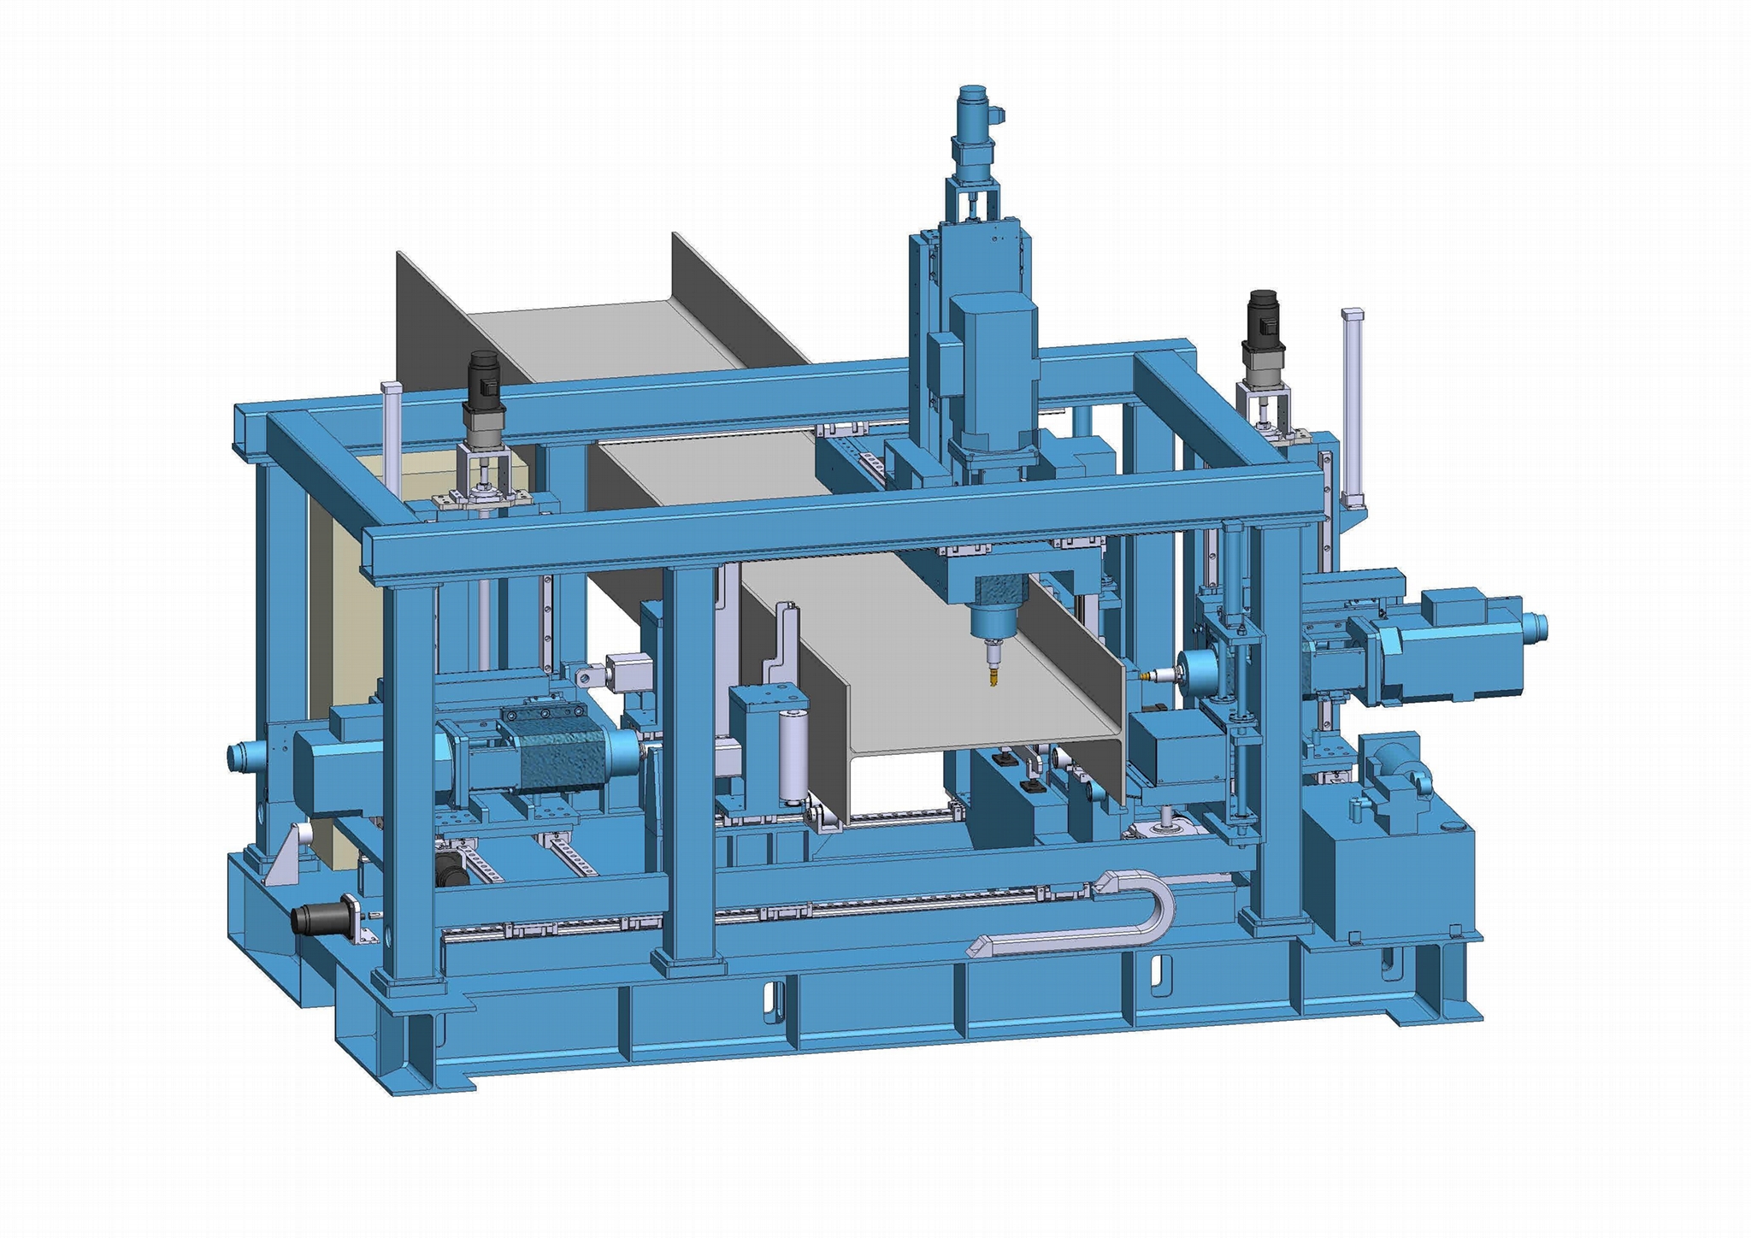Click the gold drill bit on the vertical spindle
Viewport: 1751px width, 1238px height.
pyautogui.click(x=993, y=677)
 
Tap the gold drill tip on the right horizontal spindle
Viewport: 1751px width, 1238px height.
pyautogui.click(x=1144, y=675)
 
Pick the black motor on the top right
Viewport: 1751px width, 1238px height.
pyautogui.click(x=1262, y=318)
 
